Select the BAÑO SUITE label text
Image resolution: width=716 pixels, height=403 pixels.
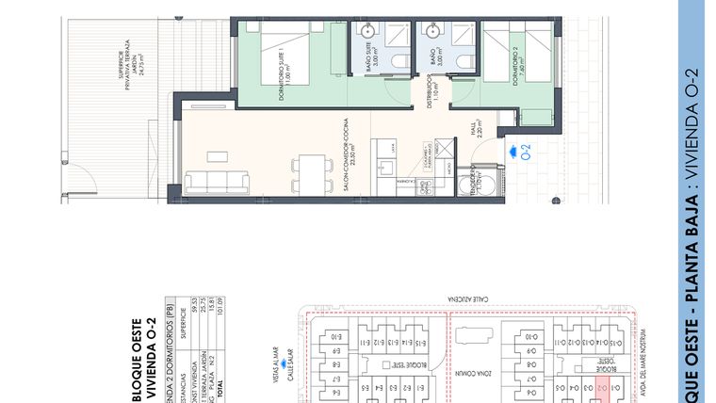point(369,70)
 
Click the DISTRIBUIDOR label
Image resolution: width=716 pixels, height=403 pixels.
point(430,94)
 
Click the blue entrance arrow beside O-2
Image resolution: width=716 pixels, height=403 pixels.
point(512,149)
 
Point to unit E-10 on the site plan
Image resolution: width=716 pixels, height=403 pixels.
point(336,337)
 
